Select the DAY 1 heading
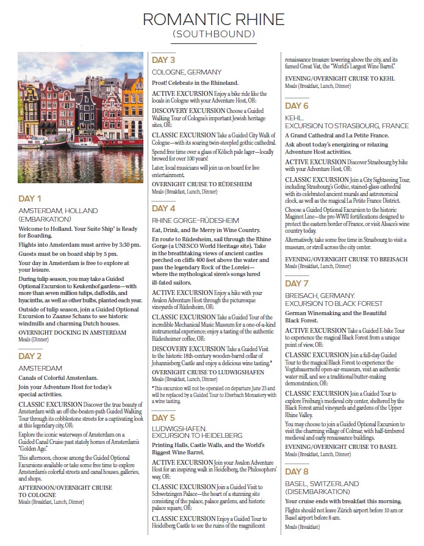30,198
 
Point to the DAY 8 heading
297,472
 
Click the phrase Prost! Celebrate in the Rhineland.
195,82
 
